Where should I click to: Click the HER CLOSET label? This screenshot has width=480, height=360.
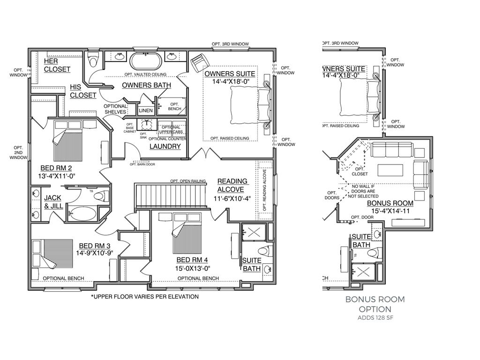(x=57, y=65)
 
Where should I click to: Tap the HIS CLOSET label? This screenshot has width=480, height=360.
(x=83, y=91)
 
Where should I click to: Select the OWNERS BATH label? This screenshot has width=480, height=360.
(x=146, y=85)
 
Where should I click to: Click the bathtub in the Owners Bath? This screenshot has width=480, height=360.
(x=145, y=61)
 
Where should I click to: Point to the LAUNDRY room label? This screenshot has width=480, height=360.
(x=165, y=146)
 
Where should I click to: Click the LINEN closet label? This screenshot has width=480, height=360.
(x=145, y=111)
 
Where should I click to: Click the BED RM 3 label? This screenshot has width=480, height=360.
(x=95, y=246)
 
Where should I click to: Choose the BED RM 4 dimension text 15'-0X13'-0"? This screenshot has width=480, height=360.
(x=193, y=269)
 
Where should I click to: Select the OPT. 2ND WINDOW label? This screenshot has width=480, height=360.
(x=18, y=153)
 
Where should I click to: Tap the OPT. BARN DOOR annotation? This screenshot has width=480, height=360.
(x=142, y=164)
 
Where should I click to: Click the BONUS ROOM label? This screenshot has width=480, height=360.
(x=390, y=203)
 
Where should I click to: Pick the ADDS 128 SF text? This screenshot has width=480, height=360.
(x=375, y=318)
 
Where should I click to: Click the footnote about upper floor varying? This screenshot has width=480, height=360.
(x=145, y=297)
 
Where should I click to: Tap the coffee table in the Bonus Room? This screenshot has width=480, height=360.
(x=390, y=169)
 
